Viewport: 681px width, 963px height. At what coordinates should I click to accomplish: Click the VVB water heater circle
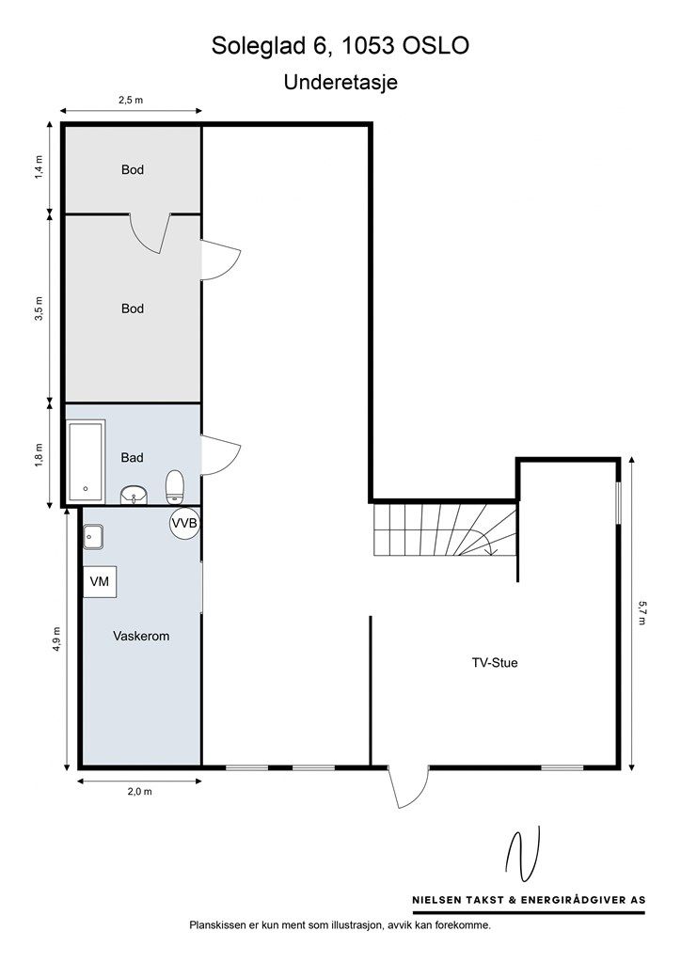tap(184, 523)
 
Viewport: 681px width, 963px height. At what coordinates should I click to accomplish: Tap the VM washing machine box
tap(100, 581)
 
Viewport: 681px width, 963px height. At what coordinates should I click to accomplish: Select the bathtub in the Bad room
tap(86, 460)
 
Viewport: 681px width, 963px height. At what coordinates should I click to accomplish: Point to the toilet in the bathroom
tap(175, 487)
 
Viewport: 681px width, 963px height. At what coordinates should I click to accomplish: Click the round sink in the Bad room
tap(134, 495)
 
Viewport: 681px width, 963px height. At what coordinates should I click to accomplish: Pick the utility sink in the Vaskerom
tap(93, 537)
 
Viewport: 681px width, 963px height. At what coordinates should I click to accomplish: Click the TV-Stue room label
tap(495, 663)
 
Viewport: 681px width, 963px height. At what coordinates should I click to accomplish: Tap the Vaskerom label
tap(141, 637)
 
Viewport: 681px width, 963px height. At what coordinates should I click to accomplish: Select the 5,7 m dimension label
tap(642, 612)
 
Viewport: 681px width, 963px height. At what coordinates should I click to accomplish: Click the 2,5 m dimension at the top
tap(131, 100)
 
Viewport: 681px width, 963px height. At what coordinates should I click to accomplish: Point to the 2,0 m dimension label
tap(139, 792)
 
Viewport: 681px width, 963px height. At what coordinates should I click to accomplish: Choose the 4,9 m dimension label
tap(56, 639)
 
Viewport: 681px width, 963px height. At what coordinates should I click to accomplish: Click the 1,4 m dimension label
tap(40, 167)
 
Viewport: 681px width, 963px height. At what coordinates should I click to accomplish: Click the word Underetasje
tap(340, 83)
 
